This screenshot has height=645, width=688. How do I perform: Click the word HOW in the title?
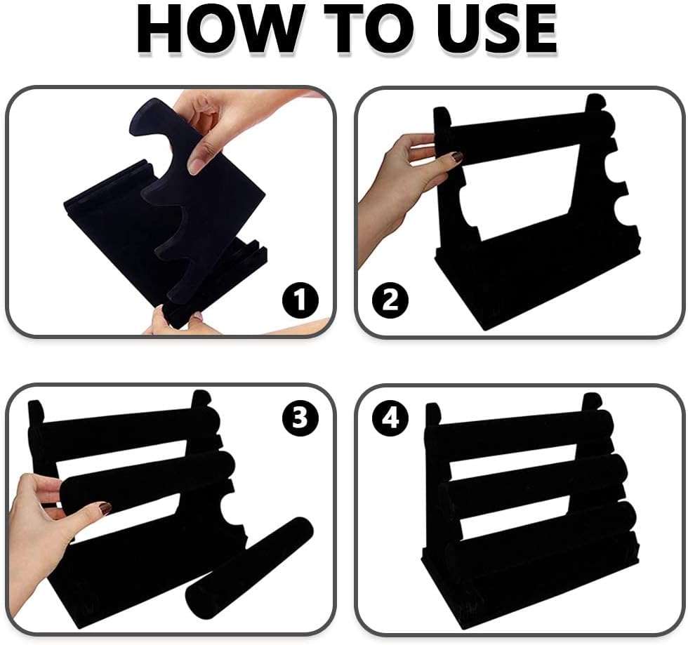219,30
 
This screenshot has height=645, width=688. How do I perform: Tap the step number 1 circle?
300,300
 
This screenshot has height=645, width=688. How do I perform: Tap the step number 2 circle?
390,300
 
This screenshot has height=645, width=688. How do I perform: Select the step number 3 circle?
300,417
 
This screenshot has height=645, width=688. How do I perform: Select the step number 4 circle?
390,417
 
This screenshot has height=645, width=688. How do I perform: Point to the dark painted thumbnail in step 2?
457,157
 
